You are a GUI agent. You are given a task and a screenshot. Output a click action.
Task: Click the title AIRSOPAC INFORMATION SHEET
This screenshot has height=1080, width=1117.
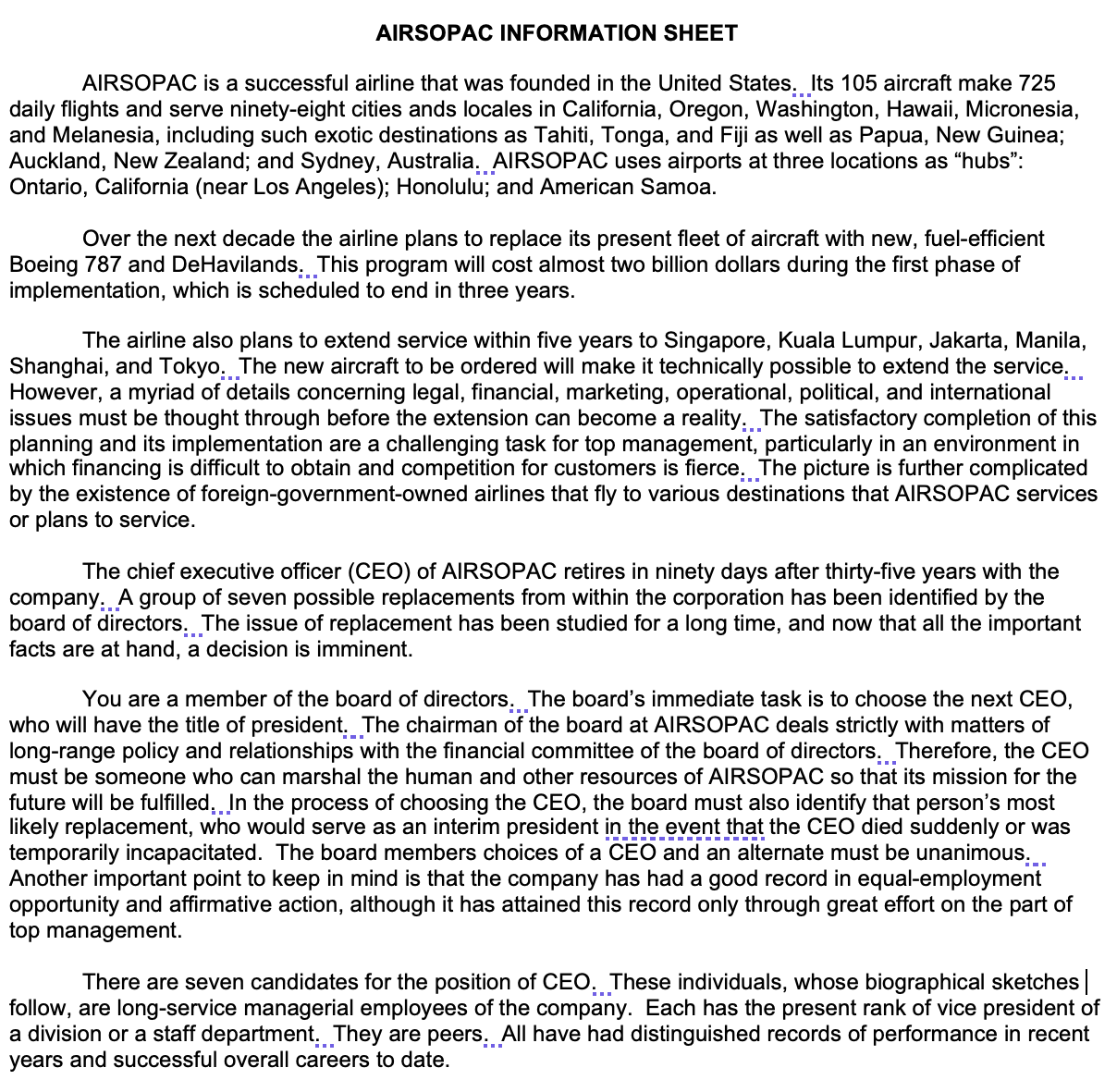tap(557, 34)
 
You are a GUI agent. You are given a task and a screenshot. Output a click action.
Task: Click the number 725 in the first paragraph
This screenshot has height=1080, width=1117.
tap(1037, 83)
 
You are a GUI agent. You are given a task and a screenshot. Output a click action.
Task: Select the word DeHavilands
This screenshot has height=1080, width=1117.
tap(236, 264)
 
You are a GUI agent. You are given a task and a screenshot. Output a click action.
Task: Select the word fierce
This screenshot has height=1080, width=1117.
tap(713, 468)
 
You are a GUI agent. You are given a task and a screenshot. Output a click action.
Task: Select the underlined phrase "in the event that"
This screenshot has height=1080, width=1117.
tap(683, 827)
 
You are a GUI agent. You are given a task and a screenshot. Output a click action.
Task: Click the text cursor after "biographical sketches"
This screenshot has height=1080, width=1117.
tap(1086, 981)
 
